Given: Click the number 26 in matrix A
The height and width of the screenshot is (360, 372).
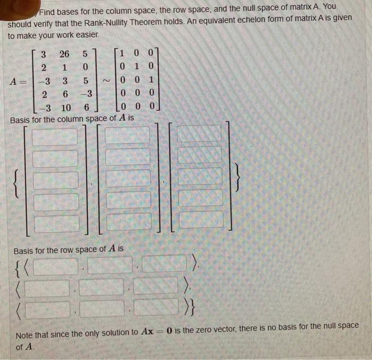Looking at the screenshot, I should point(64,54).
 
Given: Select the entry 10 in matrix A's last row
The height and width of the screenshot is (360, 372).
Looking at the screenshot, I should point(66,108).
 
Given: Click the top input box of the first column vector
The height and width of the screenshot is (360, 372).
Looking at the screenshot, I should point(55,136).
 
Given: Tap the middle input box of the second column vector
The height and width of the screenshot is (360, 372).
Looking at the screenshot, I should point(128,178).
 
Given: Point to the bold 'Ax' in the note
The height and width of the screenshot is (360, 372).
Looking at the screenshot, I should point(147,331).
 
